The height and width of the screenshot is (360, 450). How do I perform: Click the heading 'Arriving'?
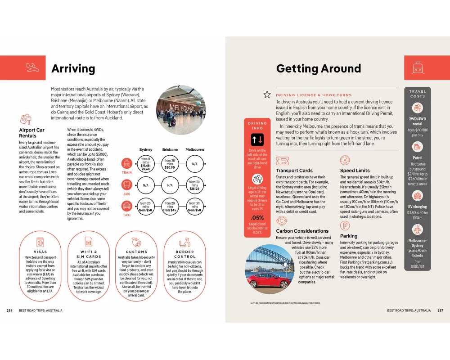click(73, 69)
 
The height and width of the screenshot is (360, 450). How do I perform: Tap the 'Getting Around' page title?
click(318, 69)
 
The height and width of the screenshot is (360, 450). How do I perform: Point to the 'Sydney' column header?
click(145, 149)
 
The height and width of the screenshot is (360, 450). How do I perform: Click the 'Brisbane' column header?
click(170, 149)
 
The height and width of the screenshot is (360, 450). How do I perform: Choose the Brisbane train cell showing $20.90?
click(170, 164)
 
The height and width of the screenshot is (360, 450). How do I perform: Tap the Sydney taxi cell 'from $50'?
click(145, 207)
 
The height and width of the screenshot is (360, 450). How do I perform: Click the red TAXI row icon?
click(126, 206)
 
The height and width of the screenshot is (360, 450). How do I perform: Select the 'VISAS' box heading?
click(40, 252)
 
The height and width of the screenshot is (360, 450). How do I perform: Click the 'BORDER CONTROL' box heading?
click(184, 254)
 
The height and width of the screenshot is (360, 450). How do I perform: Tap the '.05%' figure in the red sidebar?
click(257, 218)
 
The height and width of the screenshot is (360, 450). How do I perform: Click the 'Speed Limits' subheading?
click(355, 171)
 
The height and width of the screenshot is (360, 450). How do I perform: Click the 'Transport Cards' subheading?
click(294, 171)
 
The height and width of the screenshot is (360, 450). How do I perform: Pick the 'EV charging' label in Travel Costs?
click(418, 207)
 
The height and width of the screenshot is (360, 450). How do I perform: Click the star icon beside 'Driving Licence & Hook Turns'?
click(267, 94)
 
